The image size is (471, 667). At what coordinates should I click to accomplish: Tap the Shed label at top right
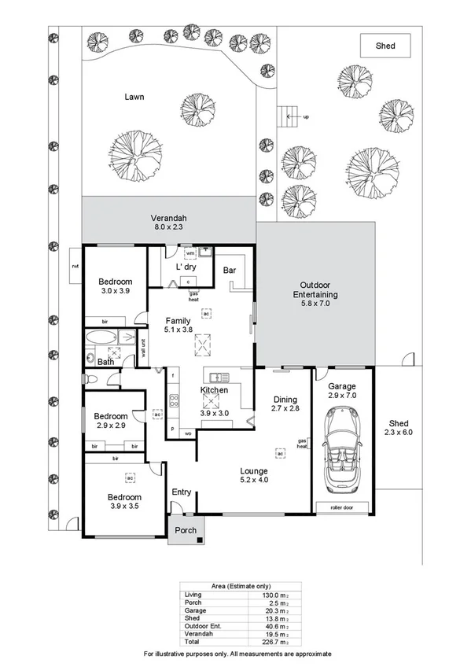(385, 46)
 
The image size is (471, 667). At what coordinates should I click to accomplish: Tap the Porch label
(185, 530)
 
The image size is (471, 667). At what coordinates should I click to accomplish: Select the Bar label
(230, 271)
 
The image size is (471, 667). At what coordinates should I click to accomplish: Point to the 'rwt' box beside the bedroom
(75, 267)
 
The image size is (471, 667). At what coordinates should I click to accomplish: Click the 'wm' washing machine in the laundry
(190, 254)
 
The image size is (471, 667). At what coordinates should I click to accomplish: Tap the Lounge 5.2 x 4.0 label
(254, 476)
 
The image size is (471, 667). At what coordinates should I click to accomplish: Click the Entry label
(182, 492)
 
